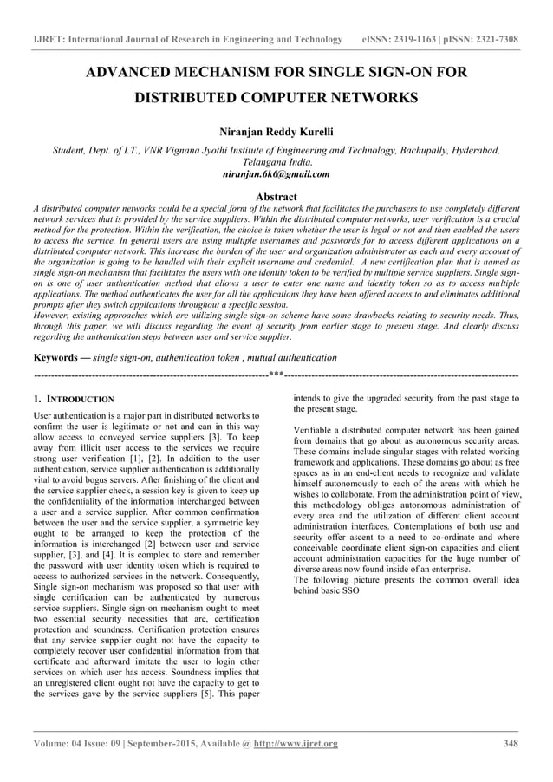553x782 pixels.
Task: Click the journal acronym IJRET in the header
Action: pyautogui.click(x=51, y=40)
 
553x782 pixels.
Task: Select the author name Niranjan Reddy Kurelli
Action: pyautogui.click(x=276, y=132)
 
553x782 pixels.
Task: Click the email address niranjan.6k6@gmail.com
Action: pyautogui.click(x=276, y=173)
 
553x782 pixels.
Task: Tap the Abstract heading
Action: pyautogui.click(x=276, y=197)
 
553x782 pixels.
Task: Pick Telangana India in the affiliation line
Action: pyautogui.click(x=276, y=162)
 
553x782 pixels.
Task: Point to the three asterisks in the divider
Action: pyautogui.click(x=276, y=375)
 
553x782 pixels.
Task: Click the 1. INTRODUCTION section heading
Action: pyautogui.click(x=73, y=399)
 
